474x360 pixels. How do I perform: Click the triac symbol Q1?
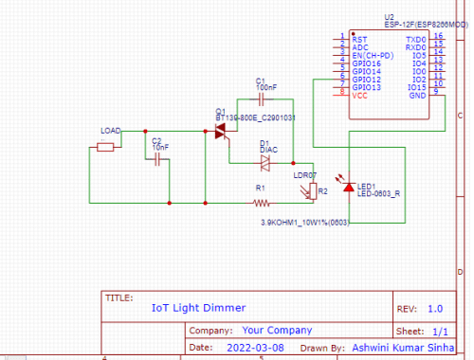[223, 132]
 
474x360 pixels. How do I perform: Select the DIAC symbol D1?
[266, 162]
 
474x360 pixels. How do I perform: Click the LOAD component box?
[106, 146]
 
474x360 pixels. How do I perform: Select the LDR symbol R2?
[314, 191]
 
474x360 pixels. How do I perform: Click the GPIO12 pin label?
[367, 80]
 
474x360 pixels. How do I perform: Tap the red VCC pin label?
[360, 96]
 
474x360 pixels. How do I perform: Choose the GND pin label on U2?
[417, 96]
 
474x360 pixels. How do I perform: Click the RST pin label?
[359, 40]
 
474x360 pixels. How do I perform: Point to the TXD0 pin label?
[415, 40]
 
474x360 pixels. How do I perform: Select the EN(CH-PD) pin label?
[372, 56]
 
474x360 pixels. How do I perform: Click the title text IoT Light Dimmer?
[198, 308]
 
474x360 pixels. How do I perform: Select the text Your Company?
[277, 331]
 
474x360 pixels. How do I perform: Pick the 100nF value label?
[266, 86]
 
